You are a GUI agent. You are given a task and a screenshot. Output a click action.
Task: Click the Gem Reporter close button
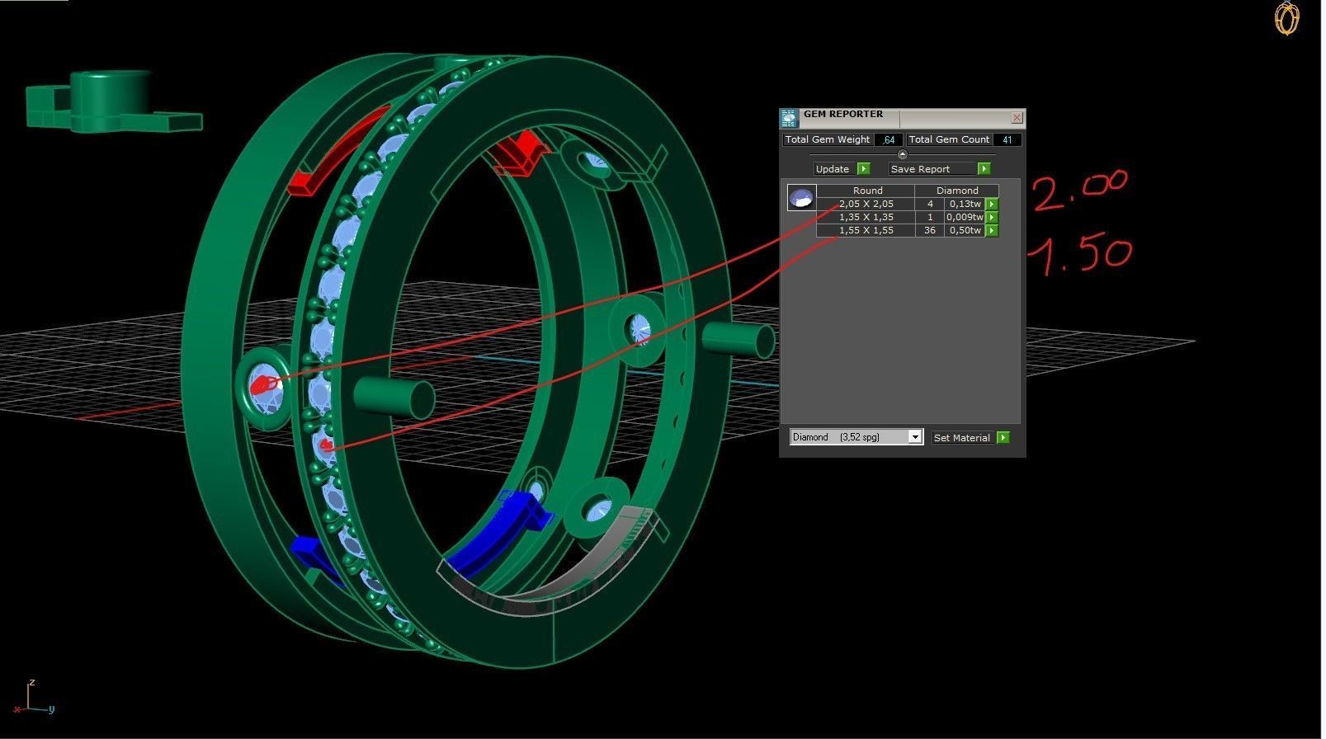click(x=1017, y=118)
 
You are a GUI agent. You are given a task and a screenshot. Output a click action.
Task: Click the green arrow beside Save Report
click(x=984, y=169)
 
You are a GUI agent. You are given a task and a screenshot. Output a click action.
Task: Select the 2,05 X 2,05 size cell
click(x=866, y=204)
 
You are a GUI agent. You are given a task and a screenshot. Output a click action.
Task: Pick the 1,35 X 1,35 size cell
click(x=866, y=217)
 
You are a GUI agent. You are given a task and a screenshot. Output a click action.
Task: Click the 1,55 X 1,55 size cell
click(x=866, y=230)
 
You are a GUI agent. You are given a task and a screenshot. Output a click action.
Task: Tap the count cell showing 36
click(x=930, y=230)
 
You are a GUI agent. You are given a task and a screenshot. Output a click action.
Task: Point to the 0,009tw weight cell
click(x=965, y=217)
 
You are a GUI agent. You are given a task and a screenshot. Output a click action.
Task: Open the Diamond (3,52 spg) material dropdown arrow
click(x=914, y=437)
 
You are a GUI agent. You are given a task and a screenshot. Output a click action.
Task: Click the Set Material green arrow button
click(x=1003, y=437)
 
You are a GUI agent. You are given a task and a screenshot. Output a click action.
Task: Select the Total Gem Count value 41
click(x=1007, y=140)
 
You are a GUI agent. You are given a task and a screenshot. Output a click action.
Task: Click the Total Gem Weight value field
click(x=888, y=140)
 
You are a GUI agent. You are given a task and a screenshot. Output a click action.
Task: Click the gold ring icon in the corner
click(x=1286, y=18)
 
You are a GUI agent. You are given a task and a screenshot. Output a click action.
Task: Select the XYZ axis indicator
click(x=33, y=699)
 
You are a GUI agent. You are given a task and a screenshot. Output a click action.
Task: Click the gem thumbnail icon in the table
click(x=800, y=198)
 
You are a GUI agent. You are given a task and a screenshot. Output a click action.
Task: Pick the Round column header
click(x=867, y=191)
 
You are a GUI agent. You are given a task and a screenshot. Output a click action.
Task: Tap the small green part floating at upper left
click(x=111, y=103)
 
